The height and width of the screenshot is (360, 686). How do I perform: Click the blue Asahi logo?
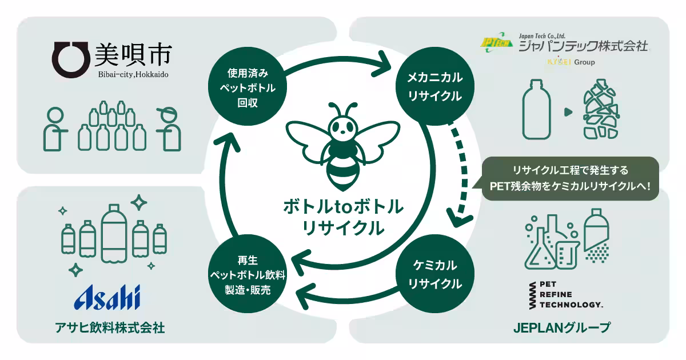(107, 297)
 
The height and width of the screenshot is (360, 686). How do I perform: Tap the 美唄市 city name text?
(133, 55)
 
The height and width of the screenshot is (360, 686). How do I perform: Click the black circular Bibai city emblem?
(71, 59)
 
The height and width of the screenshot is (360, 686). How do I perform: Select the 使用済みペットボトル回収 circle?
(248, 86)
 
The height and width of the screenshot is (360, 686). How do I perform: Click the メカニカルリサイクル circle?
(435, 86)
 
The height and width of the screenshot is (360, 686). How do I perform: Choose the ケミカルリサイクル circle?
(435, 274)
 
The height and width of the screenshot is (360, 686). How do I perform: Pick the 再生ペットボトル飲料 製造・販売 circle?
(248, 274)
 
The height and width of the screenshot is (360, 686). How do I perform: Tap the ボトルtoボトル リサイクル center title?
(343, 217)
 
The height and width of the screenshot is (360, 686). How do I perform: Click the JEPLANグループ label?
(562, 327)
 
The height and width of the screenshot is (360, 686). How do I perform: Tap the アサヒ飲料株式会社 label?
(110, 328)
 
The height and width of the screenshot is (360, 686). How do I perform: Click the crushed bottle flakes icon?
(601, 109)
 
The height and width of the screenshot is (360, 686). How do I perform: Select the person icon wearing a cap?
(169, 129)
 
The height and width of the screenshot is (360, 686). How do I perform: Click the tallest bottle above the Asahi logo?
(114, 234)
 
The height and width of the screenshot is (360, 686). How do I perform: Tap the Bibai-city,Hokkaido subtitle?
(133, 74)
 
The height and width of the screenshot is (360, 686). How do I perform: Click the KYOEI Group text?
(571, 62)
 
